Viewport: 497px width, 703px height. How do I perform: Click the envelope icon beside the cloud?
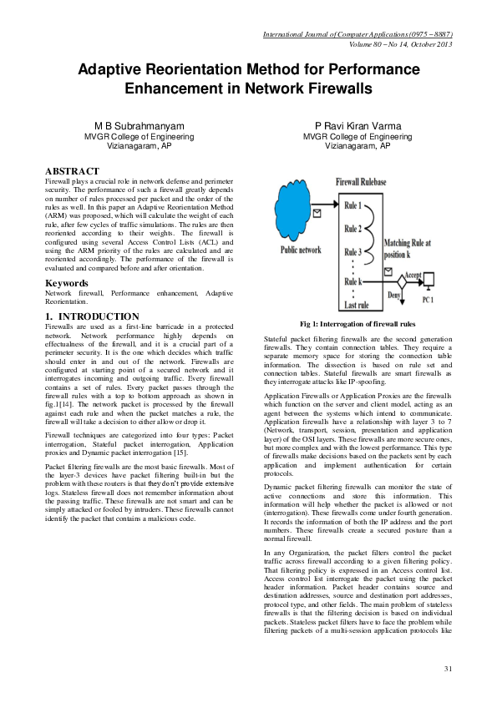tap(317, 214)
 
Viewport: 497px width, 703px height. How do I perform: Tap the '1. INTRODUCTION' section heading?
tap(91, 316)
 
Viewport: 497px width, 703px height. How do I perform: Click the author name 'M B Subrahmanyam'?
tap(139, 126)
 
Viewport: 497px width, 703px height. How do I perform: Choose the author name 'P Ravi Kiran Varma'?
tap(358, 126)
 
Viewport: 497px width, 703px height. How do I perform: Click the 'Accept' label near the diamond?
tap(413, 274)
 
